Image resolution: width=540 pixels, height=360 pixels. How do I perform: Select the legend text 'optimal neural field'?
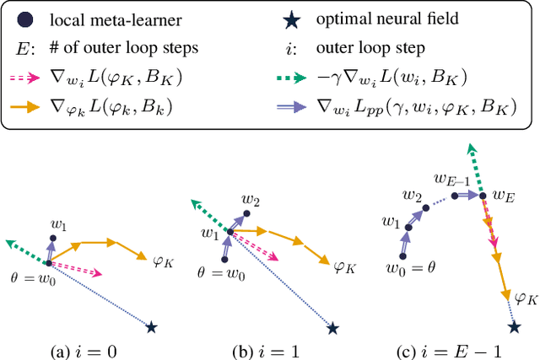tap(395, 19)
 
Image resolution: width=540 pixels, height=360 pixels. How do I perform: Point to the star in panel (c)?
tap(514, 325)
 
